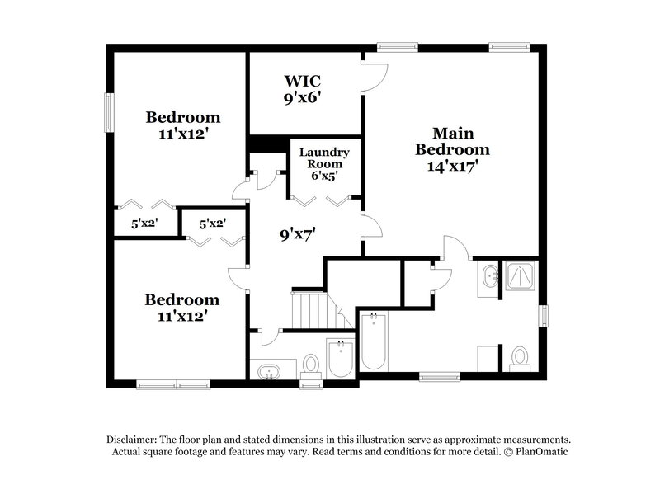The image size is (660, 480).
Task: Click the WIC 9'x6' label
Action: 302,88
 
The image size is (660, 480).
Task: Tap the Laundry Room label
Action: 324,163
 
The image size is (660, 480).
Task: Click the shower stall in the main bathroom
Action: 521,277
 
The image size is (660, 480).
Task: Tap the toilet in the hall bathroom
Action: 311,365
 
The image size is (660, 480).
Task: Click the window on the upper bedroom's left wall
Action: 108,111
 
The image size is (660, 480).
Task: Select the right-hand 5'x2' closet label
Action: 203,223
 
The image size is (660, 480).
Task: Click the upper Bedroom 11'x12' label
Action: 183,124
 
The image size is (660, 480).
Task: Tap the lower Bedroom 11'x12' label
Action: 182,306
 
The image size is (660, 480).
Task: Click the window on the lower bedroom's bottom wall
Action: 163,383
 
